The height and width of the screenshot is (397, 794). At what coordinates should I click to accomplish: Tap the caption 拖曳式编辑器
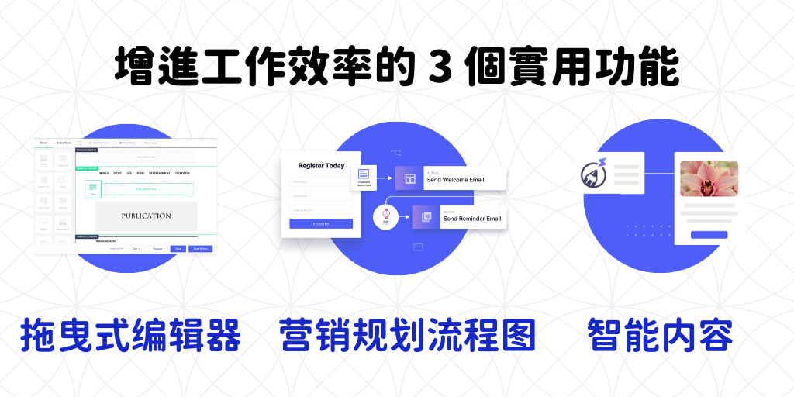tap(130, 335)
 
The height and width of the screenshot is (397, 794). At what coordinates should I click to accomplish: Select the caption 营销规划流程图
tap(407, 335)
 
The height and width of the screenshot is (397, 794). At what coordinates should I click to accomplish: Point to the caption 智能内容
tap(661, 335)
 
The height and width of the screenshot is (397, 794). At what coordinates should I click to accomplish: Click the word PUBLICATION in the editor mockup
tap(146, 216)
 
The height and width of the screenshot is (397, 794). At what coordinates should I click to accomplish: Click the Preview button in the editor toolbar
tap(157, 249)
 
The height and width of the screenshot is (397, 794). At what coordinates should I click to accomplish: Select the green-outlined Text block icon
tap(91, 188)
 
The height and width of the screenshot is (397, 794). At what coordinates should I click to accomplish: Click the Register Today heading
tap(321, 166)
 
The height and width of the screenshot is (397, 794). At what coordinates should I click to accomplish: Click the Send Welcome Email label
tap(455, 180)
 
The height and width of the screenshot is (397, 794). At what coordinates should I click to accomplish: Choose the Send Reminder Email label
tap(471, 219)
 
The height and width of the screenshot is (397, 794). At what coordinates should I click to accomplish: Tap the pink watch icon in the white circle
tap(385, 217)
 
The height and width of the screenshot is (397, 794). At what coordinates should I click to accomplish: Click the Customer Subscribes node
tap(364, 178)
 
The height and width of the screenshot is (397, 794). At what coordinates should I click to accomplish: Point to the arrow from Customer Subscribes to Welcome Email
tap(385, 178)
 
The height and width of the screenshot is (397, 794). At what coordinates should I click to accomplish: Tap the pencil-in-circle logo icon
tap(596, 174)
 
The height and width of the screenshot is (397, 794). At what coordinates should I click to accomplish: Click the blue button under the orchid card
tap(709, 234)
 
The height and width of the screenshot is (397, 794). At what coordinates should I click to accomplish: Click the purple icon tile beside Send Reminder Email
tap(426, 217)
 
